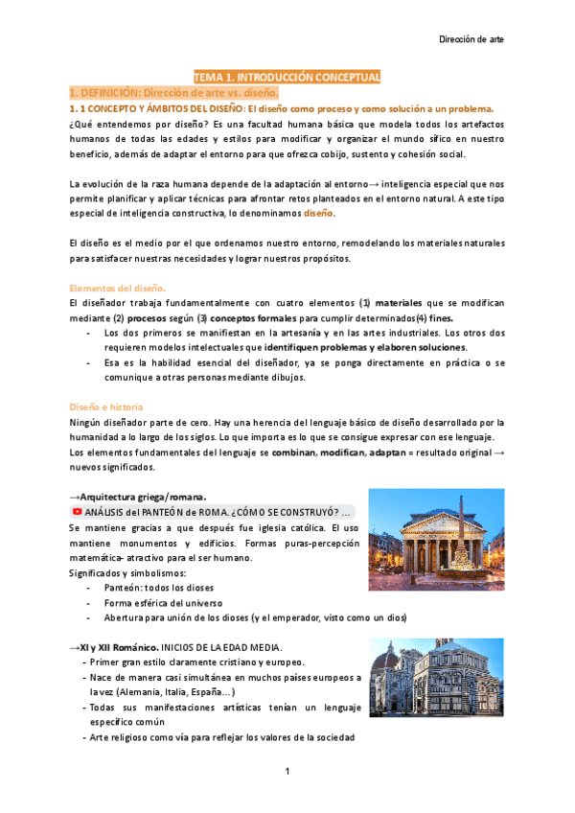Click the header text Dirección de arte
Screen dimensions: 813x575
pos(471,39)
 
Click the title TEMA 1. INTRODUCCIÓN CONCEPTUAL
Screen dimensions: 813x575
pos(287,77)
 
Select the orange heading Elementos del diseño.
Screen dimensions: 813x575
pos(118,288)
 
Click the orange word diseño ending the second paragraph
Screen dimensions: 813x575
pos(319,213)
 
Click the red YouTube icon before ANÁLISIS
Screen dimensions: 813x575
pos(76,512)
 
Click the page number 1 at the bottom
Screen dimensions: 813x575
pos(287,773)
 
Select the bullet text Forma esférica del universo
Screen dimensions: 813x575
pos(158,602)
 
